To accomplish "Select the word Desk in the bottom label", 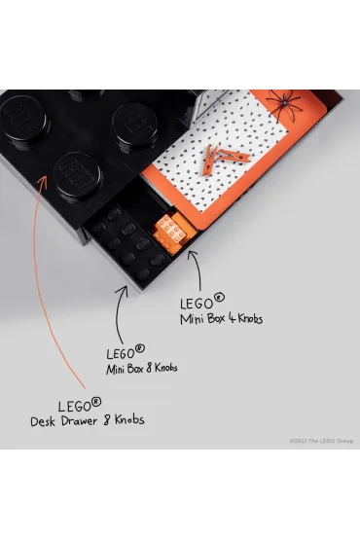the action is [43, 421].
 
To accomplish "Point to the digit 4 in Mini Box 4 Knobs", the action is [233, 318].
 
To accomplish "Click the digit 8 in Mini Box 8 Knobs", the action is [149, 369].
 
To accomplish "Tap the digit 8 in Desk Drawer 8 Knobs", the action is [107, 420].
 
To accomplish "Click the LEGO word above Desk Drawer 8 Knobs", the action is [75, 407].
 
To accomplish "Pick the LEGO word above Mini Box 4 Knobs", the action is [197, 304].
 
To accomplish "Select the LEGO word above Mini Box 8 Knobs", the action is [121, 354].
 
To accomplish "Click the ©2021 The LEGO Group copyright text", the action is [321, 441].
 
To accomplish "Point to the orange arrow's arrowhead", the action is [43, 182].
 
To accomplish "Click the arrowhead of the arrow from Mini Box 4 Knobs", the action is [193, 255].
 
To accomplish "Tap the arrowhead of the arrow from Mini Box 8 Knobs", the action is [123, 291].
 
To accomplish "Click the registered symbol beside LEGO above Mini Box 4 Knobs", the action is [219, 297].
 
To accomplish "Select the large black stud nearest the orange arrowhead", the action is [78, 175].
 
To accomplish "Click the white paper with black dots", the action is [221, 148].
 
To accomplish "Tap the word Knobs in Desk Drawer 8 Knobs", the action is [129, 419].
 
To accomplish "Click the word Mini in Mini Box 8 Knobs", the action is [115, 369].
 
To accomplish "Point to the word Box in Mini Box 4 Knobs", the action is [216, 319].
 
